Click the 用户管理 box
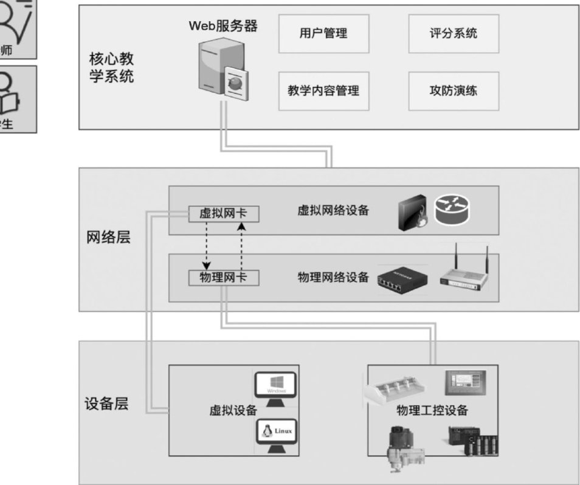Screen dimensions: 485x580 (324, 33)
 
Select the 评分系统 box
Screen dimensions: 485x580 (454, 33)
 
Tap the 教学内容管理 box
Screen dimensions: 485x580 (324, 91)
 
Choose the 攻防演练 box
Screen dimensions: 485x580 (454, 91)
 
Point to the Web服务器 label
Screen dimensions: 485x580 (223, 26)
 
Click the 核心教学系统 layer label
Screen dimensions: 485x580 (112, 69)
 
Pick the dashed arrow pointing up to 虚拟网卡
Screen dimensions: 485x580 (241, 246)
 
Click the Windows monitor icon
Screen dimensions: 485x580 (275, 385)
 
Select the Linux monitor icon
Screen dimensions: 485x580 (275, 433)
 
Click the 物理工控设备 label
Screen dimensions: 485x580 (432, 411)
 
